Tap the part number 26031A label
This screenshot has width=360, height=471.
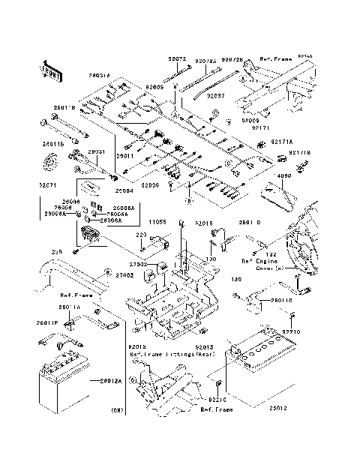coord(100,76)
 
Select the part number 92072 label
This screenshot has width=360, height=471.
coord(177,58)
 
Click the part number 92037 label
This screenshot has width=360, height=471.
coord(215,96)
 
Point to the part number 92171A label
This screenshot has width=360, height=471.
coord(282,141)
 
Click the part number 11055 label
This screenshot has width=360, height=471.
coord(156,222)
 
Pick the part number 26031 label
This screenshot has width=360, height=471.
coord(96,151)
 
